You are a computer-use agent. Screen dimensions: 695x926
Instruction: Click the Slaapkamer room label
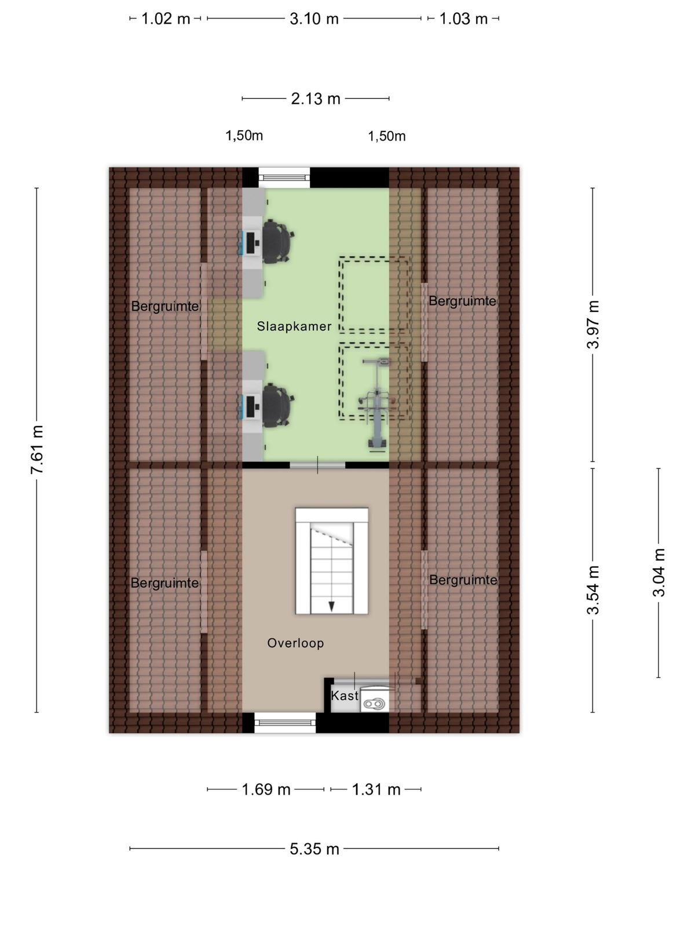(x=294, y=326)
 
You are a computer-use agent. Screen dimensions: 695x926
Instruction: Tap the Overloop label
(x=295, y=643)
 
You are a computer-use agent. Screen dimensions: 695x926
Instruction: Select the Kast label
(x=345, y=696)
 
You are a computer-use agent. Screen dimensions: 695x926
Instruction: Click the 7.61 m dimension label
(x=37, y=450)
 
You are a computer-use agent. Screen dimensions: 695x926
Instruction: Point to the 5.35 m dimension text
(x=314, y=849)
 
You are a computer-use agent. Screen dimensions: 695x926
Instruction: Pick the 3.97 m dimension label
(x=593, y=324)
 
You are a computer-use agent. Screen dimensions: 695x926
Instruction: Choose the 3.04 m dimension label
(x=659, y=572)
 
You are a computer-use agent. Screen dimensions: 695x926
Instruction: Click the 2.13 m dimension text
(x=316, y=99)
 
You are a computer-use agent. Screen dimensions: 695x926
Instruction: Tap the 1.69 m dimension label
(x=266, y=789)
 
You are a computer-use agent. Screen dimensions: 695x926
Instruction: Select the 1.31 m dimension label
(x=376, y=789)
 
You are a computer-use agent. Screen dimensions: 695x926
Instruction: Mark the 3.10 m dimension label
(x=314, y=19)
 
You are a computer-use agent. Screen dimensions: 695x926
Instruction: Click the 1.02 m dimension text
(x=166, y=19)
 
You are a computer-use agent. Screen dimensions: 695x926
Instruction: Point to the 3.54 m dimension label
(x=593, y=590)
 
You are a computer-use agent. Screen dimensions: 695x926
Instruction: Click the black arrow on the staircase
(x=332, y=606)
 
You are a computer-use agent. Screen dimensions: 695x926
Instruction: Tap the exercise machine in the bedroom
(x=375, y=405)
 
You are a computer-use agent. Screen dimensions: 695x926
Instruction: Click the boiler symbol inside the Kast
(x=374, y=703)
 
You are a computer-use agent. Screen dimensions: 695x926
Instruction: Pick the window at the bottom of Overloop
(x=286, y=723)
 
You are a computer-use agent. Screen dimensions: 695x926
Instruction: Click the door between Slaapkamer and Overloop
(x=317, y=465)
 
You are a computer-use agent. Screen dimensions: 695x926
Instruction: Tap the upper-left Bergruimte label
(x=165, y=306)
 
